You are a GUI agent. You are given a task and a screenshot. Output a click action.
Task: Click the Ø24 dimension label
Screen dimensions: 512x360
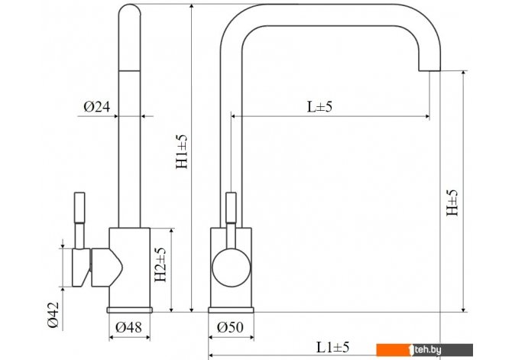pyautogui.click(x=97, y=106)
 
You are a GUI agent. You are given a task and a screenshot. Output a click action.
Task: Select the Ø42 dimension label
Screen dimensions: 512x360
pyautogui.click(x=53, y=315)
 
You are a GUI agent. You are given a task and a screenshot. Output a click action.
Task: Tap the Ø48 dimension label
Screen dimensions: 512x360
pyautogui.click(x=128, y=327)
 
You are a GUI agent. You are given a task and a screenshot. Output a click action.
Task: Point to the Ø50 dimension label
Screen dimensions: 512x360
pyautogui.click(x=230, y=327)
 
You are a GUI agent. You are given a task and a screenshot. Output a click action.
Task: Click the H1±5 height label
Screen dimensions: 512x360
pyautogui.click(x=182, y=151)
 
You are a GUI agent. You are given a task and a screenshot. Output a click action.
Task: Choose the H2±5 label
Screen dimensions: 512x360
pyautogui.click(x=160, y=264)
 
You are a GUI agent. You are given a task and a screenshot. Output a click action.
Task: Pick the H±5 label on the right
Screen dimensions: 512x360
pyautogui.click(x=452, y=203)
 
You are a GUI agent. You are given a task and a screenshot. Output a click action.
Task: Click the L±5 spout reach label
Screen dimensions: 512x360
pyautogui.click(x=319, y=106)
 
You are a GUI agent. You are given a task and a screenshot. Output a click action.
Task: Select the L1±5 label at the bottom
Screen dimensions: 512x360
pyautogui.click(x=332, y=347)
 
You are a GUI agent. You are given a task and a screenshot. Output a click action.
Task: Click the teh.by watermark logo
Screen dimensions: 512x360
pyautogui.click(x=424, y=350)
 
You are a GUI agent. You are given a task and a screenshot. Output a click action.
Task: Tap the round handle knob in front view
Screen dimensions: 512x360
pyautogui.click(x=232, y=268)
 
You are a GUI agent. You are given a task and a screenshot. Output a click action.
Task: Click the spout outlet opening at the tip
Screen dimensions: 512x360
pyautogui.click(x=429, y=70)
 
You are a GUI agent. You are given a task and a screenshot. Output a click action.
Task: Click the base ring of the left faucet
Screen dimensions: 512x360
pyautogui.click(x=129, y=310)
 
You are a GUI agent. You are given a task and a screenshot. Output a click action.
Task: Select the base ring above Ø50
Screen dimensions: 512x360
pyautogui.click(x=232, y=310)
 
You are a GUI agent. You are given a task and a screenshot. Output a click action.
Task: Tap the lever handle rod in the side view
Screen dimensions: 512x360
pyautogui.click(x=79, y=220)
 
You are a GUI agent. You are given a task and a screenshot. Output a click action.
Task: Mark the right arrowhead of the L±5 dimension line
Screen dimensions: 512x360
pyautogui.click(x=426, y=116)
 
